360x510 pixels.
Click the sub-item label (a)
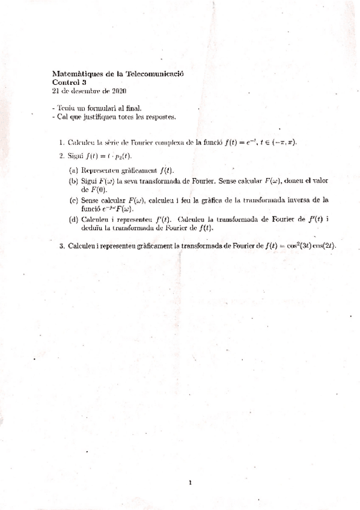[74, 169]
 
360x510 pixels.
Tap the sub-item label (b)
[74, 180]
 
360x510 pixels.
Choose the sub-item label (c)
[74, 200]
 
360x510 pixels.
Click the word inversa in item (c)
[308, 200]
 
